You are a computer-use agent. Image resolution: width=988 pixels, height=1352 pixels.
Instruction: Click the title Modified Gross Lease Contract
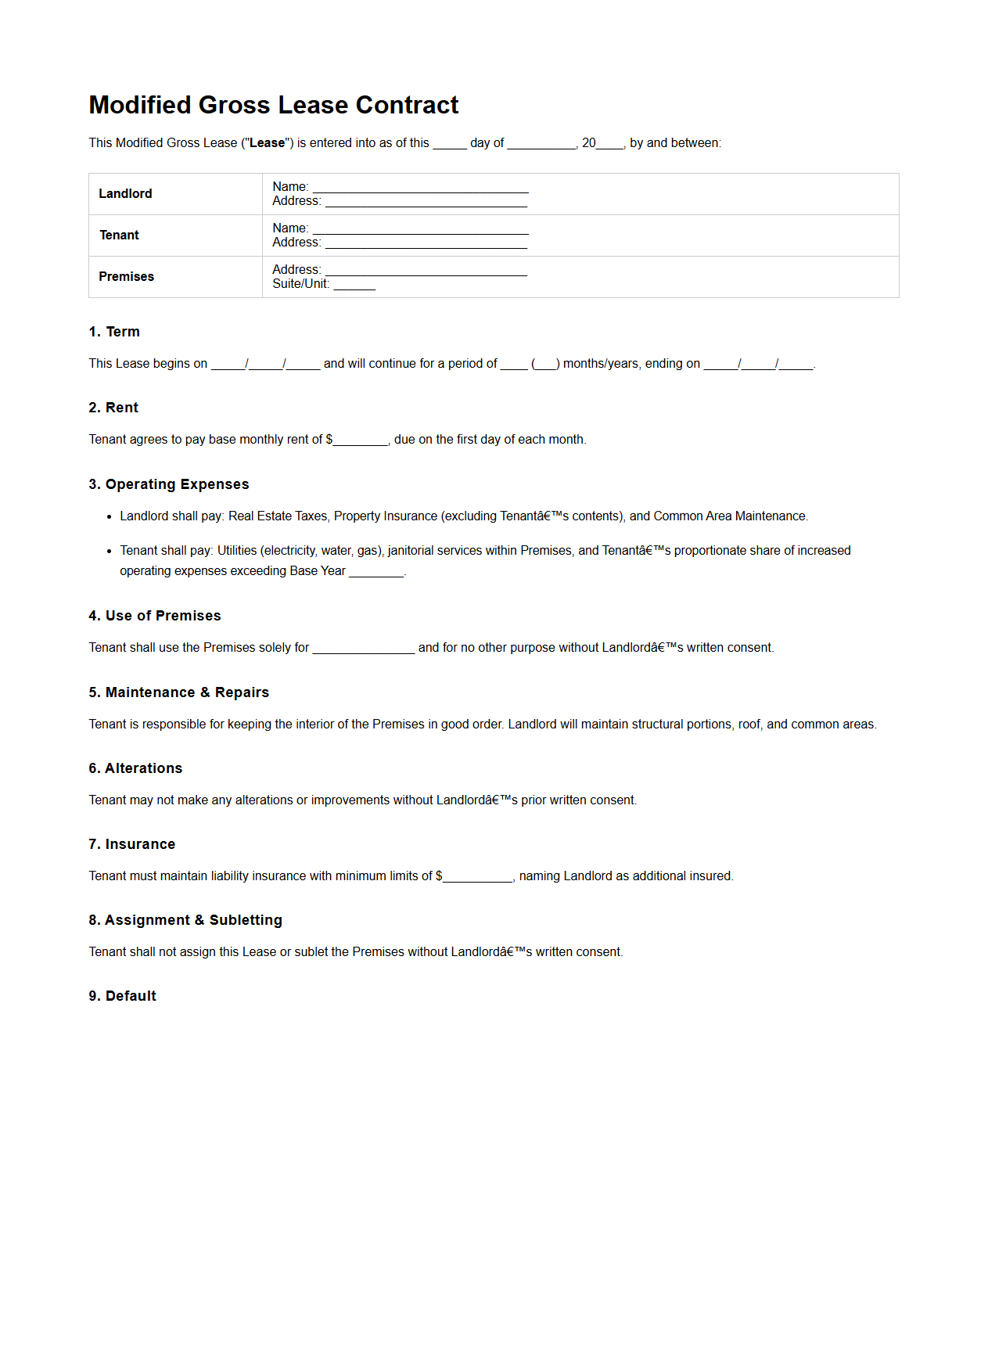[x=273, y=105]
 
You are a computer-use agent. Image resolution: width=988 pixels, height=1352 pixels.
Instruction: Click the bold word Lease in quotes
[x=267, y=143]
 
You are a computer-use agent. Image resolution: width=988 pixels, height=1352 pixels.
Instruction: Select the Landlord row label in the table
[x=125, y=194]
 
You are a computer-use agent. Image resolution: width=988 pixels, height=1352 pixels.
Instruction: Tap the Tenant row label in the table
[x=119, y=236]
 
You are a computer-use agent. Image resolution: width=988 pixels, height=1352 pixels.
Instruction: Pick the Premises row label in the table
[x=126, y=277]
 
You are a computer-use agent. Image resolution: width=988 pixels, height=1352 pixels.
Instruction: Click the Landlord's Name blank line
[x=420, y=189]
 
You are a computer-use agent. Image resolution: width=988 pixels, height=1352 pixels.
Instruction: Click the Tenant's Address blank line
[x=426, y=244]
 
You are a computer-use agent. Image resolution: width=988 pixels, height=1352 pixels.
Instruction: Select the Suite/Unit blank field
[x=354, y=286]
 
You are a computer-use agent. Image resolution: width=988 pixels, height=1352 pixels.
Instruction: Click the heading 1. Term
[x=114, y=332]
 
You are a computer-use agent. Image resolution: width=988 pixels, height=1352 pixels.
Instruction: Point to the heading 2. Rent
[x=113, y=408]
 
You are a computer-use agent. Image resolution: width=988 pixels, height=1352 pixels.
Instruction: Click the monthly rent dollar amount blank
[x=361, y=441]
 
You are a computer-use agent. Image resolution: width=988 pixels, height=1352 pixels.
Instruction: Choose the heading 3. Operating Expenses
[x=169, y=484]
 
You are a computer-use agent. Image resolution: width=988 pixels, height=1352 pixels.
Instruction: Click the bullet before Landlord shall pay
[x=110, y=517]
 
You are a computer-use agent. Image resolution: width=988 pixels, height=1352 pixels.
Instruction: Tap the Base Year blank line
[x=376, y=573]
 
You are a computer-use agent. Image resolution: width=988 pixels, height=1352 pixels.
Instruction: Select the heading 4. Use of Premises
[x=155, y=616]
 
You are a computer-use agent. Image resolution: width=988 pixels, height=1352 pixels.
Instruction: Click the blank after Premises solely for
[x=364, y=649]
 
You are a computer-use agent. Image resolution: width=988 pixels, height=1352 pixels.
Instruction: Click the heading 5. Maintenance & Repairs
[x=178, y=692]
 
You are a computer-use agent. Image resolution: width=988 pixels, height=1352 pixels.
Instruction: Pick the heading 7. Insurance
[x=132, y=844]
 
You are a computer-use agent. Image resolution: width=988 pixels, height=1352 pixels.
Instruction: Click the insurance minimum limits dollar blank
[x=477, y=878]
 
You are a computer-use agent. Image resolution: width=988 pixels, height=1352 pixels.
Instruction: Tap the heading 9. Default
[x=123, y=996]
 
